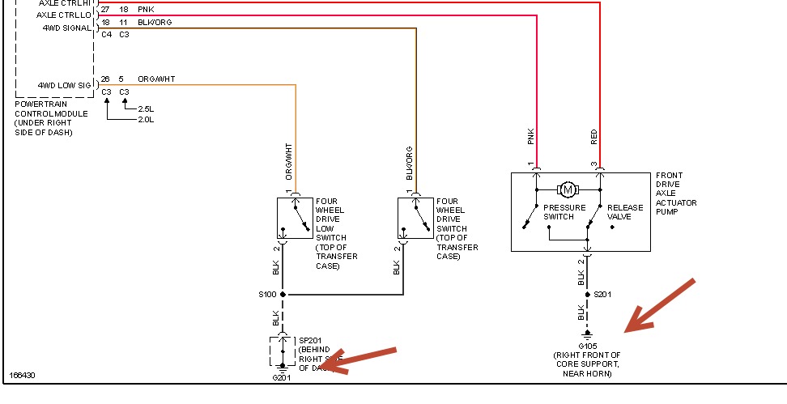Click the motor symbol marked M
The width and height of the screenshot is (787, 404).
[x=567, y=189]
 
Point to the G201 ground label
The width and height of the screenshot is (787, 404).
[x=281, y=377]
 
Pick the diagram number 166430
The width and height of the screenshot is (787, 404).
[x=22, y=376]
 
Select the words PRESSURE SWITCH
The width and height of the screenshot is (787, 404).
[x=564, y=212]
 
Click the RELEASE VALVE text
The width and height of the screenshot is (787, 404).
[x=626, y=212]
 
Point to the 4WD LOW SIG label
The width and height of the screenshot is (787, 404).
[x=64, y=84]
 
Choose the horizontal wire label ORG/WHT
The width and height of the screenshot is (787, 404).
[x=156, y=79]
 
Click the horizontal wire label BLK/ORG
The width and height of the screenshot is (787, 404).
[x=155, y=23]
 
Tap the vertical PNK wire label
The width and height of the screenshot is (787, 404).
[x=531, y=138]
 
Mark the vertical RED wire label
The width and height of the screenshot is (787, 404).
[x=594, y=138]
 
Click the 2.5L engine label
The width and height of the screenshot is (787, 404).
[x=146, y=108]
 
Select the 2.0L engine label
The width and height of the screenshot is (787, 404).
[x=146, y=119]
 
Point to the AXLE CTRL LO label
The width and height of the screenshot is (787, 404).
[x=62, y=15]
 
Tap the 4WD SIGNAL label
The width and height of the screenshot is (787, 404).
[x=67, y=27]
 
